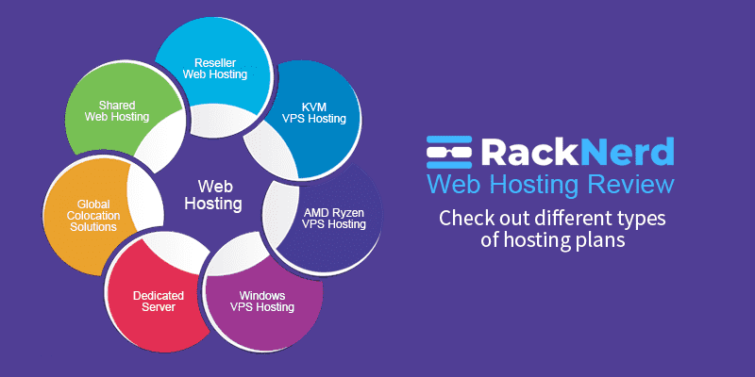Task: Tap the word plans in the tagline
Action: click(590, 241)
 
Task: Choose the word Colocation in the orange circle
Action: click(85, 214)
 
